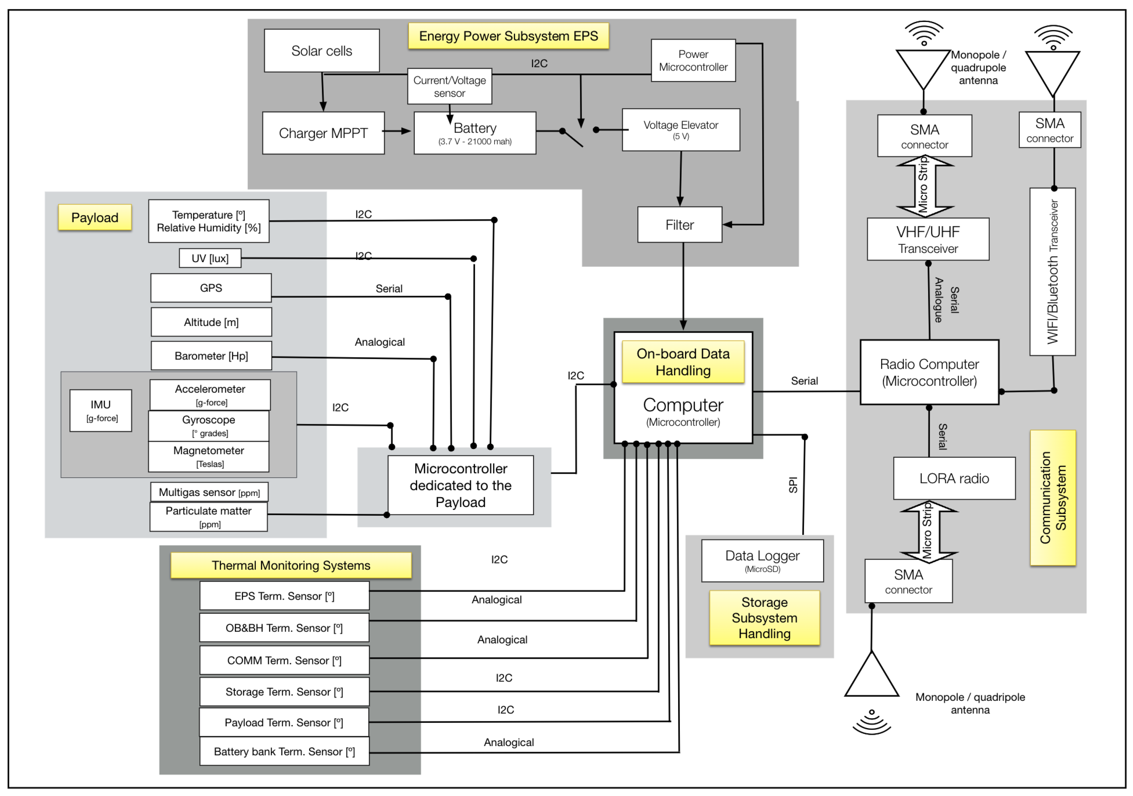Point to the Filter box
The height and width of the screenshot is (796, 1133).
[680, 225]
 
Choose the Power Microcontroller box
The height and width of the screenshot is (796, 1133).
[693, 60]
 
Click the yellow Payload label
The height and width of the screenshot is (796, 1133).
[95, 218]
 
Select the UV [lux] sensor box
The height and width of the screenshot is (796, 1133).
[210, 258]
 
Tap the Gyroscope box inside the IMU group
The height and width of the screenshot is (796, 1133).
[209, 425]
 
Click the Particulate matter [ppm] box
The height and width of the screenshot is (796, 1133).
[208, 516]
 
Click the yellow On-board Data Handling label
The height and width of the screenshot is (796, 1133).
[683, 362]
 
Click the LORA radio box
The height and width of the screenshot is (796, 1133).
[954, 478]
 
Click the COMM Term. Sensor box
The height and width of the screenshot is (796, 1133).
[284, 660]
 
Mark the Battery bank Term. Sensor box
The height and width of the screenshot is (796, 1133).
[284, 751]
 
